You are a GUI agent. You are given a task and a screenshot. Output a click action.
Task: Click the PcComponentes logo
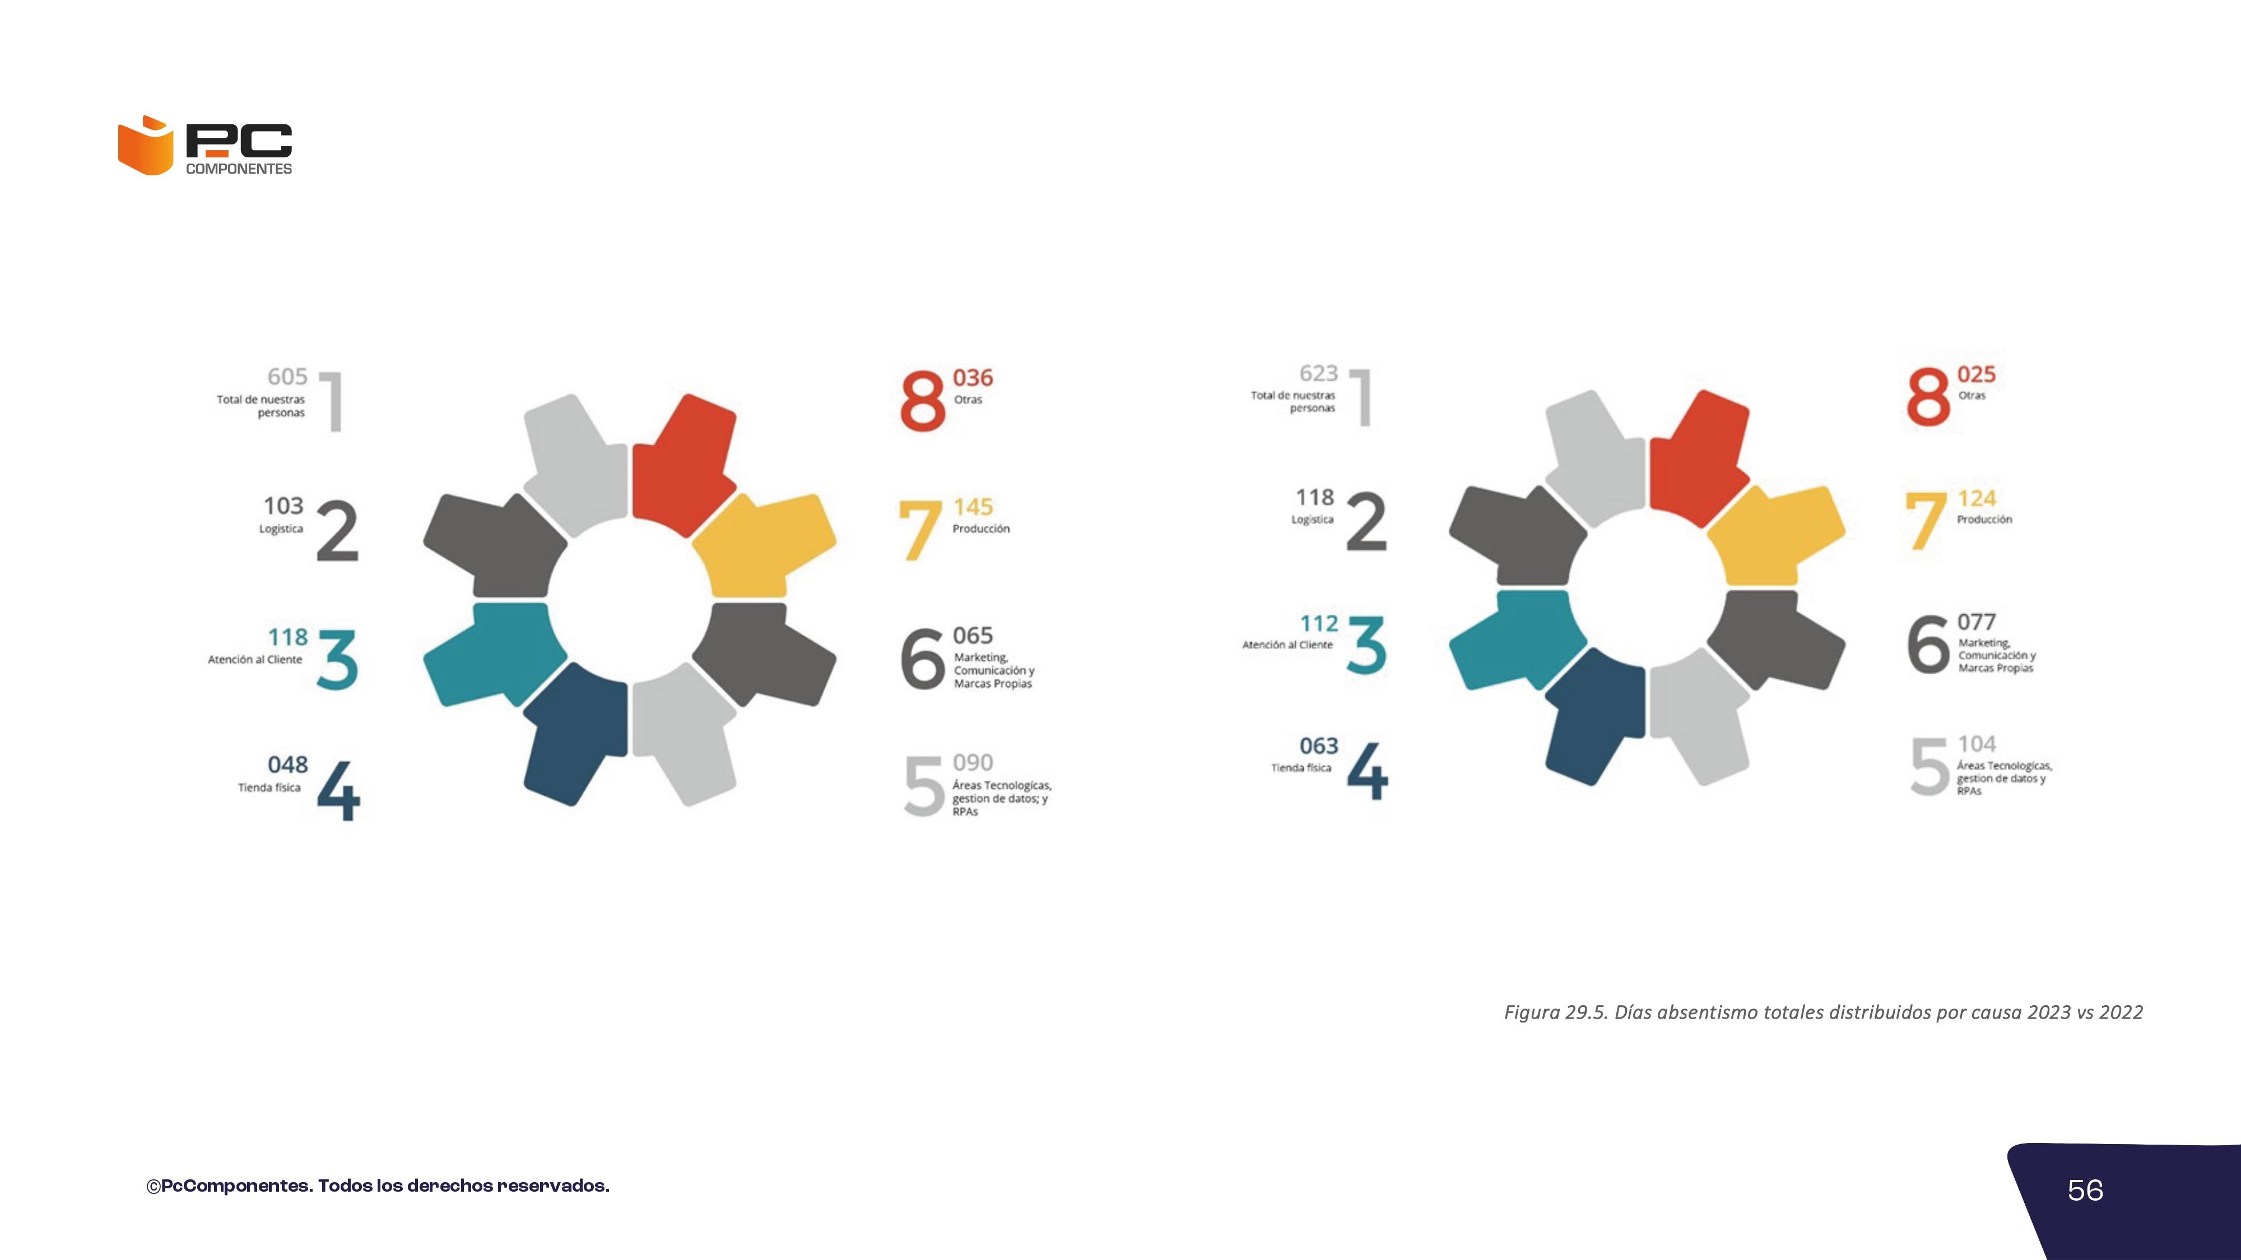[x=205, y=145]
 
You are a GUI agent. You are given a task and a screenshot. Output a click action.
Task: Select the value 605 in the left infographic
[x=287, y=376]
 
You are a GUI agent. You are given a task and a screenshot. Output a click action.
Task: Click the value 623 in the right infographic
[x=1318, y=373]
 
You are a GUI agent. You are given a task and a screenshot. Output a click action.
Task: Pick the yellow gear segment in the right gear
[x=1775, y=536]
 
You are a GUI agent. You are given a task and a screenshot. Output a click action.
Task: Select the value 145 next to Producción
[x=973, y=506]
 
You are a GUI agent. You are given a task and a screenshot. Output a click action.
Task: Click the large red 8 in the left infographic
[x=922, y=401]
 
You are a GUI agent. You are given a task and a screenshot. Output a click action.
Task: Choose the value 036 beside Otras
[x=973, y=377]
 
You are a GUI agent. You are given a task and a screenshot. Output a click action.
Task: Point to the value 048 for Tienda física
[x=287, y=764]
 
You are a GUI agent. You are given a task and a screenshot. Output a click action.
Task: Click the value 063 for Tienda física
[x=1319, y=746]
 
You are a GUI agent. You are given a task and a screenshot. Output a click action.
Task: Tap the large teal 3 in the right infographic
[x=1366, y=645]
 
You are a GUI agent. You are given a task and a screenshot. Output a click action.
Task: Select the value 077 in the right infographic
[x=1977, y=622]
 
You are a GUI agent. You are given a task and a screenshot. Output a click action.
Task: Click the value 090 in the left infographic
[x=973, y=763]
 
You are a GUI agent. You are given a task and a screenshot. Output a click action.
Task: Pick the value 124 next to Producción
[x=1977, y=498]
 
